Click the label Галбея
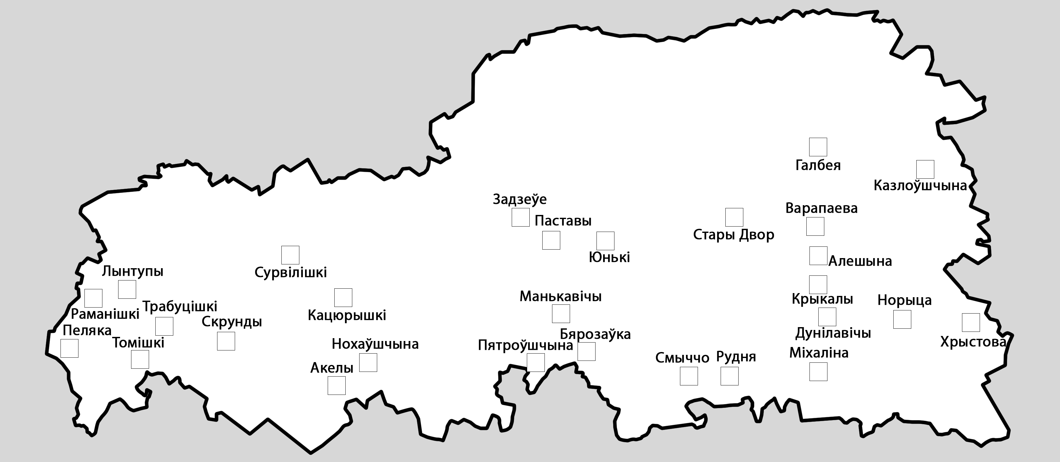818,165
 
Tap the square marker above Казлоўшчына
925,169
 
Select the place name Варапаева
821,208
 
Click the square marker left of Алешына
818,256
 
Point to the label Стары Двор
733,235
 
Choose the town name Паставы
562,221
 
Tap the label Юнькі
609,257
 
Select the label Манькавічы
561,296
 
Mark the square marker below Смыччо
688,376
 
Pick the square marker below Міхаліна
818,372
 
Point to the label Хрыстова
973,342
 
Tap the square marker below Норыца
902,319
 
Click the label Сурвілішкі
291,272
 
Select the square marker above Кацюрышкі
343,297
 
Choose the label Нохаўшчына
375,344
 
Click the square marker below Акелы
336,385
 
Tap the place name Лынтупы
132,272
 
